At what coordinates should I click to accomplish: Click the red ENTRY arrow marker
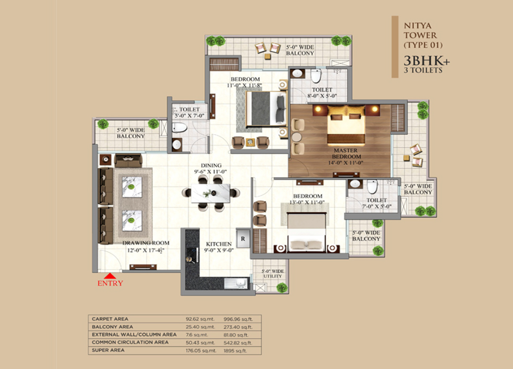pos(110,276)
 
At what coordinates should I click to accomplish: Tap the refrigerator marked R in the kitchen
pos(243,239)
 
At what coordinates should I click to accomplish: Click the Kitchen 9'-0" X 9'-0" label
pos(219,247)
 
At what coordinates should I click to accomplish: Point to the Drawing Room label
pos(146,243)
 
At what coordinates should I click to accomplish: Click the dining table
pos(211,193)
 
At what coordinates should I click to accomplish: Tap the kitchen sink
pos(236,283)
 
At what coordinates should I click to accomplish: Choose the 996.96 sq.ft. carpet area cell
pos(238,319)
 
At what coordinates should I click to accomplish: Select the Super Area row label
pos(108,350)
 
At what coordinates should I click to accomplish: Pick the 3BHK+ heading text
pos(427,60)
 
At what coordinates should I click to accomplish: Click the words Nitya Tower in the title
pos(420,30)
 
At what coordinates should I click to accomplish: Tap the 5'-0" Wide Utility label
pos(273,274)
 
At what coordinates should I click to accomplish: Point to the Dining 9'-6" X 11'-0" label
pos(211,168)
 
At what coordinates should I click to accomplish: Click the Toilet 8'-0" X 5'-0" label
pos(322,93)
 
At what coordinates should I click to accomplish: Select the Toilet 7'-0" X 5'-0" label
pos(377,203)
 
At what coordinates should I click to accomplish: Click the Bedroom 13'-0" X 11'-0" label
pos(308,199)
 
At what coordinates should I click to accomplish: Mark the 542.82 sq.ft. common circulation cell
pos(238,343)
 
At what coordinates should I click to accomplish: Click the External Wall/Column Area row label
pos(134,335)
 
